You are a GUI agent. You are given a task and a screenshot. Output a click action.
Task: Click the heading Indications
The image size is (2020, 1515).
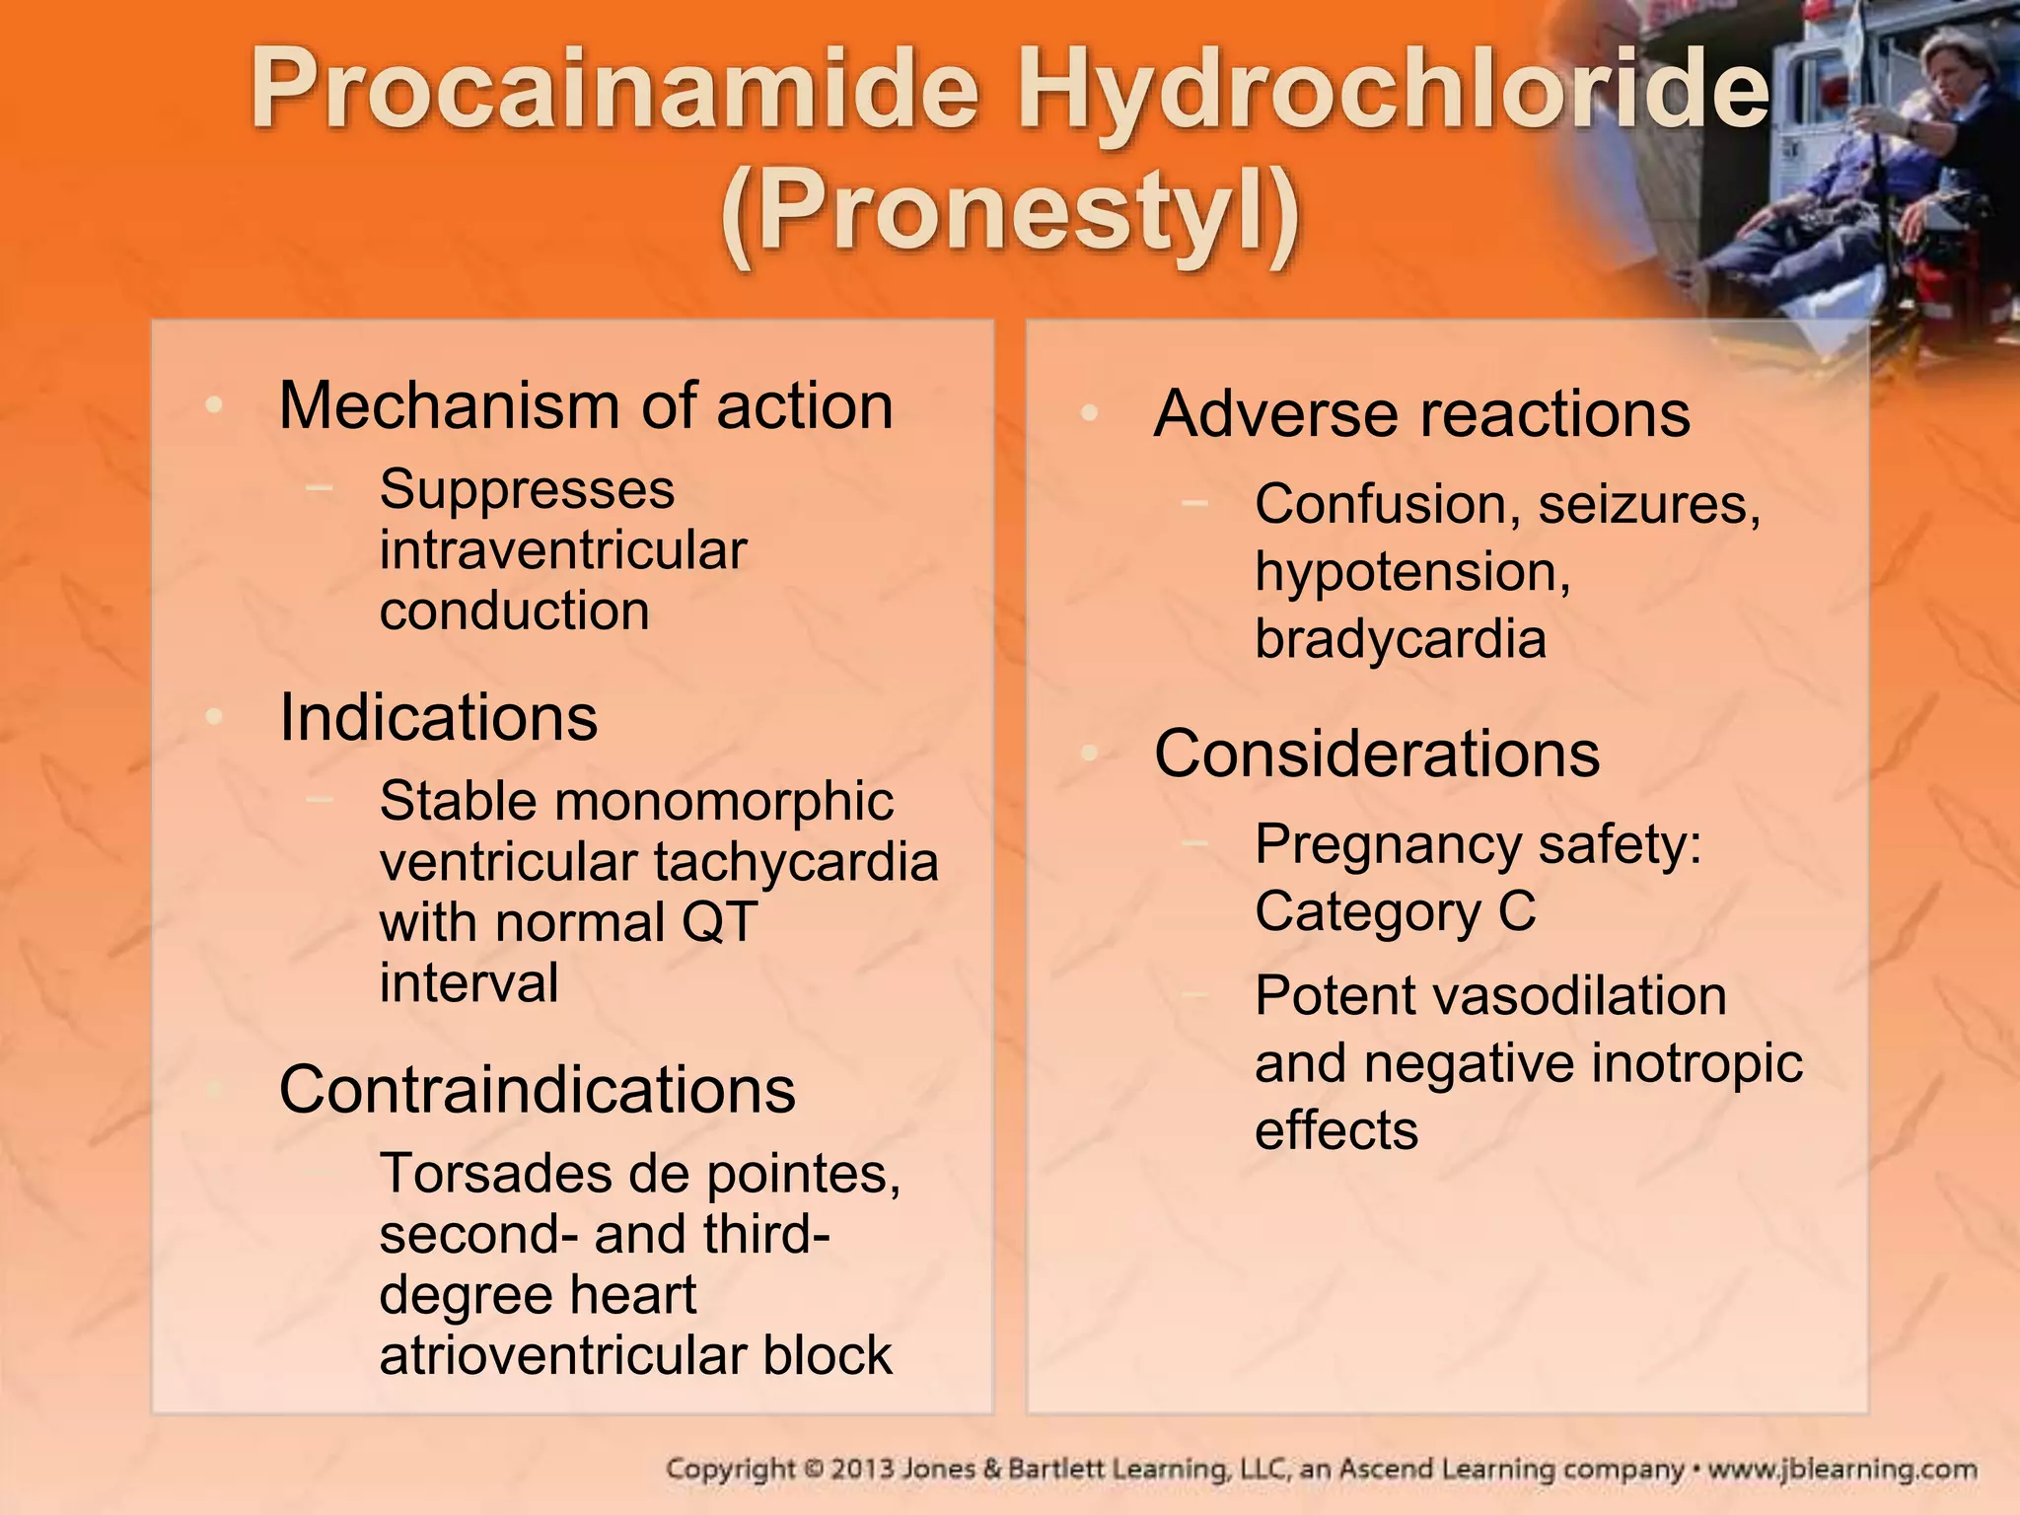point(438,717)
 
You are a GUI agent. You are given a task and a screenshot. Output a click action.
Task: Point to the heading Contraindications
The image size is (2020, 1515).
point(537,1090)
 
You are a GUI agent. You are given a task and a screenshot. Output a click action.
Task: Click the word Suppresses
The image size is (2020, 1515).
point(527,489)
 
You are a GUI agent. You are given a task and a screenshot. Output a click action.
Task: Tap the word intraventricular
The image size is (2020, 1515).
point(563,550)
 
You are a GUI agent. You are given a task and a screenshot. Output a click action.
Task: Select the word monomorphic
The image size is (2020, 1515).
point(725,802)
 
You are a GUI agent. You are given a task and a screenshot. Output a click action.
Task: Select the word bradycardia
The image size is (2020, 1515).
point(1401,639)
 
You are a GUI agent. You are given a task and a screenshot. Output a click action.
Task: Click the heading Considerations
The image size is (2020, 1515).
point(1377,755)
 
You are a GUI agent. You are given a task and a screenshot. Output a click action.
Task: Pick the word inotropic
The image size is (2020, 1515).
point(1696,1063)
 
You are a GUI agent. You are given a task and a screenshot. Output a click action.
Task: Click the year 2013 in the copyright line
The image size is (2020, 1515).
point(863,1470)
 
